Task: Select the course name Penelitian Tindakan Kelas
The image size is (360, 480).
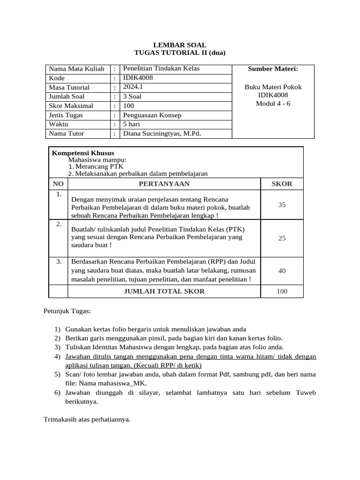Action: [161, 68]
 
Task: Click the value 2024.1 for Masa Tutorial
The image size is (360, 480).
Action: [133, 87]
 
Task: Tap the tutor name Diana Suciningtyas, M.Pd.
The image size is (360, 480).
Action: [162, 134]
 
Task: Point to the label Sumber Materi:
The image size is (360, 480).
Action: [273, 69]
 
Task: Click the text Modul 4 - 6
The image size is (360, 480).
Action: [273, 103]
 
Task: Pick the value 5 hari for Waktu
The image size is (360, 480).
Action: [131, 124]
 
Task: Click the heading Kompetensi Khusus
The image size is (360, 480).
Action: [83, 153]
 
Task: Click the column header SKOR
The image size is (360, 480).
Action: [282, 184]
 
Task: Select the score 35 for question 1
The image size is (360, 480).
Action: [282, 205]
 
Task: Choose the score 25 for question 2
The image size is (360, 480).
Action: [282, 238]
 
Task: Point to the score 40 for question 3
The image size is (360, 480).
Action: [282, 270]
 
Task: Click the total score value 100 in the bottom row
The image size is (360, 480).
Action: [282, 291]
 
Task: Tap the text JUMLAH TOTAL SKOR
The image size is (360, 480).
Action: [164, 291]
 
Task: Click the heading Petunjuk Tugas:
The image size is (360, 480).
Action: [67, 311]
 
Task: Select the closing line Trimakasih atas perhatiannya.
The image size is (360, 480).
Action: [87, 419]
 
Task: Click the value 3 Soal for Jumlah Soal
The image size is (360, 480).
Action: [132, 97]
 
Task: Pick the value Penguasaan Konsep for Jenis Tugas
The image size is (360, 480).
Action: [152, 115]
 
